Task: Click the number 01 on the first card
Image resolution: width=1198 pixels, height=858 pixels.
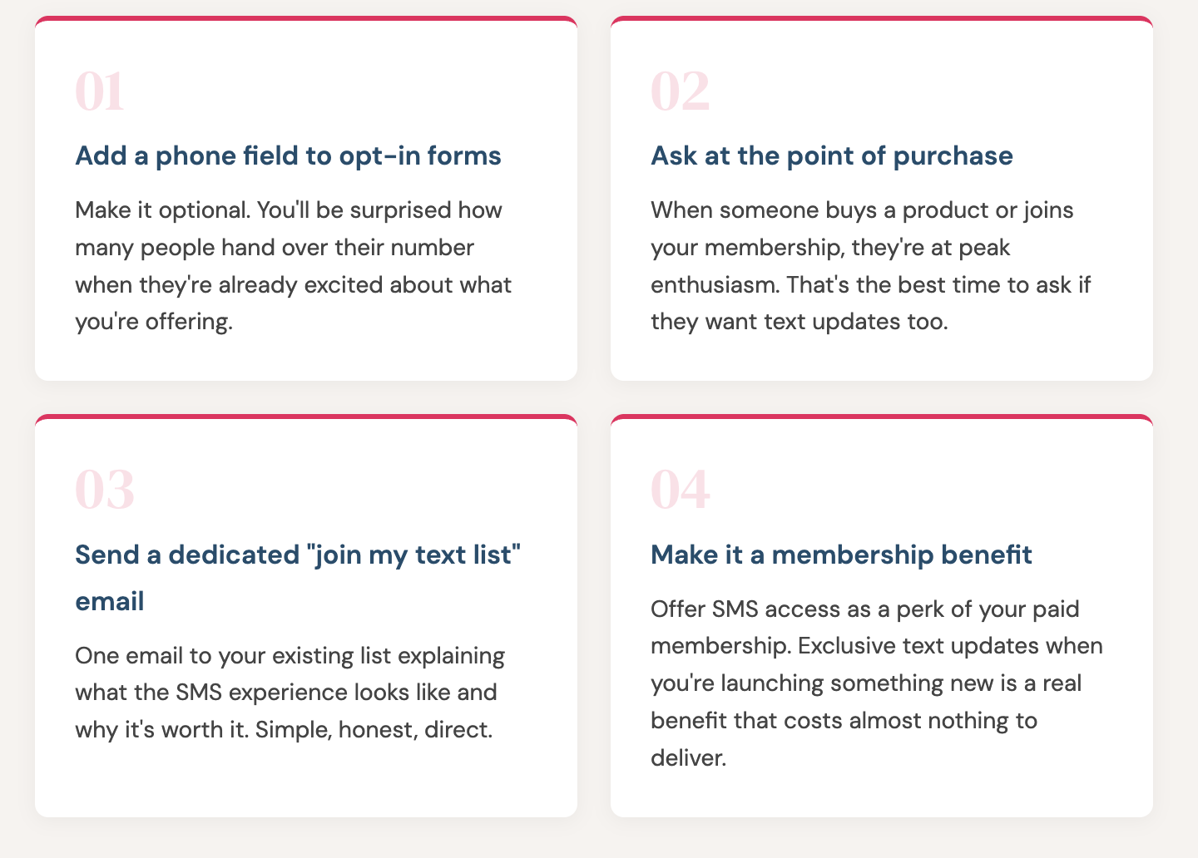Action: [100, 91]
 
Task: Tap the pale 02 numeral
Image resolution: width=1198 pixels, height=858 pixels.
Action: [681, 91]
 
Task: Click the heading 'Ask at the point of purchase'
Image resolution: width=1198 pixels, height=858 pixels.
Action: [832, 155]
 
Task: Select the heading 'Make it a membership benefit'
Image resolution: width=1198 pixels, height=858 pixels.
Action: [841, 555]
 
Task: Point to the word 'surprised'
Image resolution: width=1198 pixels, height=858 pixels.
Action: [400, 210]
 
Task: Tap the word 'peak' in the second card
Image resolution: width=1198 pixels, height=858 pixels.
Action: [985, 248]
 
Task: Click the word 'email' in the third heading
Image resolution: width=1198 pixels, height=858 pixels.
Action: [110, 600]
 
